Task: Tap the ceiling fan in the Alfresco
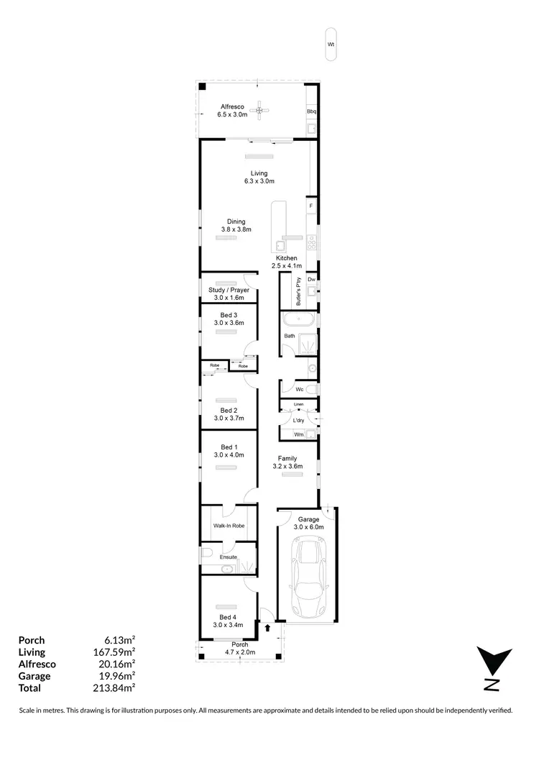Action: coord(264,110)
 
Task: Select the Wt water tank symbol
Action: coord(331,44)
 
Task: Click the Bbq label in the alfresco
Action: coord(312,112)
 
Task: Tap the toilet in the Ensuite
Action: coord(206,552)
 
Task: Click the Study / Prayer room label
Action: coord(229,290)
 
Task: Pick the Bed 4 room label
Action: coord(229,617)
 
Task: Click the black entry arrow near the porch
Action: coord(268,629)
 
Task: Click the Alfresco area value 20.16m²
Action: coord(117,664)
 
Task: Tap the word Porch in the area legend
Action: coord(32,640)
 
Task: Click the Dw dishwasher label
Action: coord(312,279)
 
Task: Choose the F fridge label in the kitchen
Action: coord(311,206)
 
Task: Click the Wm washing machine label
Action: coord(298,434)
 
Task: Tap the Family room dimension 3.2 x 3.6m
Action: coord(287,467)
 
